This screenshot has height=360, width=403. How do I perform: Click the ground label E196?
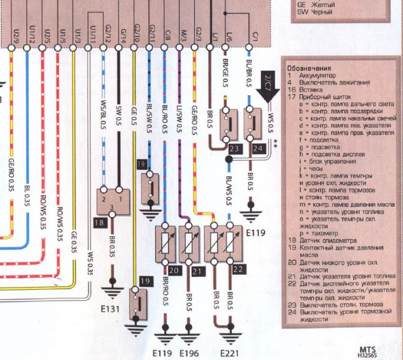point(189,352)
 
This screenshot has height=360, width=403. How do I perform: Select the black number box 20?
point(175,271)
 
